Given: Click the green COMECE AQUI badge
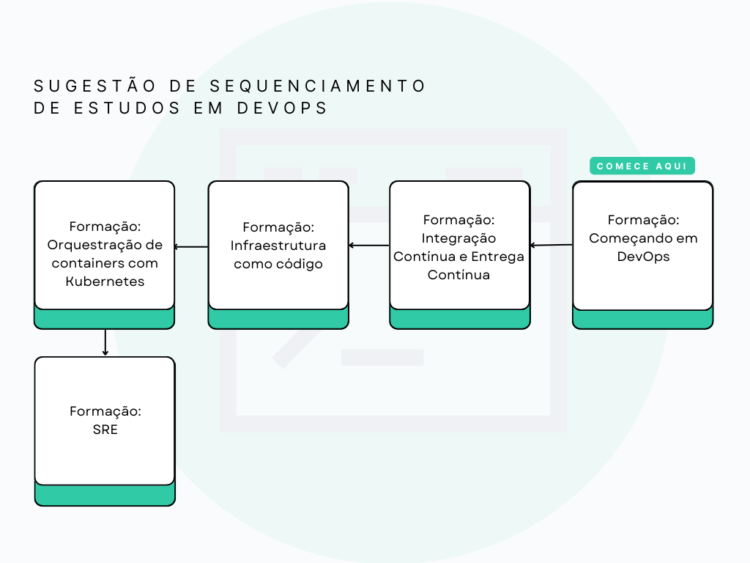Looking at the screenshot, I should (642, 166).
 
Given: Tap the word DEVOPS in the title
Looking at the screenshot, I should (282, 108).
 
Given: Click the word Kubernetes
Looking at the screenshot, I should (105, 281).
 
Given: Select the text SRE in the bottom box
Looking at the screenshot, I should (105, 430).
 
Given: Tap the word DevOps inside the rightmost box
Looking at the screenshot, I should (643, 257).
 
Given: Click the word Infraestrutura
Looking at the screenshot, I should (278, 246).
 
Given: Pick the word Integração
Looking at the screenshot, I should (459, 238).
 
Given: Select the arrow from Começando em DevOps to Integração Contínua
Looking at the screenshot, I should (552, 246).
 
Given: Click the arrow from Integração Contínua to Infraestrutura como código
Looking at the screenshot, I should (369, 246).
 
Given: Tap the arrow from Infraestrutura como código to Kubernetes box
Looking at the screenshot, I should (192, 246).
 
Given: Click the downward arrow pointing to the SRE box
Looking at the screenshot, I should (105, 342).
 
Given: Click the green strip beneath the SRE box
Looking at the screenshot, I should (105, 496).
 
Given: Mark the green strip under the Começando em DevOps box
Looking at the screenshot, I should (642, 320).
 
